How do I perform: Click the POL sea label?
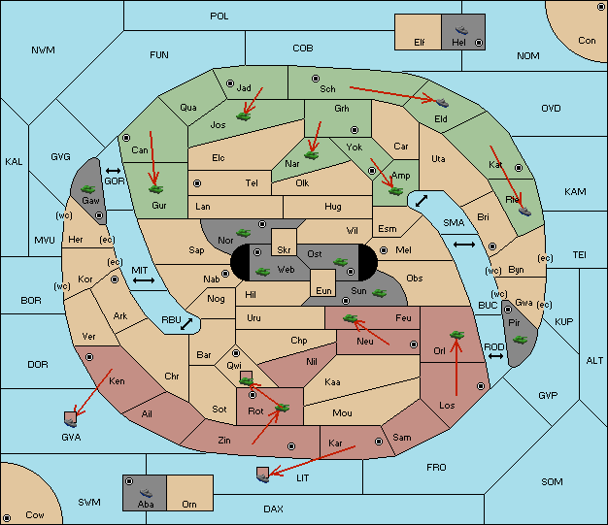click(x=220, y=16)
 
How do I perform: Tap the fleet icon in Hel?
click(x=461, y=30)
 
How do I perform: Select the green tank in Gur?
click(x=155, y=189)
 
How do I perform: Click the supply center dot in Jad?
click(x=230, y=83)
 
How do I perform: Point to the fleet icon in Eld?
click(x=442, y=103)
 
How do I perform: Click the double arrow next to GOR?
click(x=114, y=171)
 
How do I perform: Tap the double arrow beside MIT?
click(x=144, y=280)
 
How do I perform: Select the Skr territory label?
click(x=284, y=250)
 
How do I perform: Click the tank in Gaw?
click(x=88, y=189)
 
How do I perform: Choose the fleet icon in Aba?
click(x=146, y=493)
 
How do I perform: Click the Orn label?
click(x=189, y=504)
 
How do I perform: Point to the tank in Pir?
click(x=520, y=340)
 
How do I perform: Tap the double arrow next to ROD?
click(x=495, y=356)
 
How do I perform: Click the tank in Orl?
click(x=456, y=335)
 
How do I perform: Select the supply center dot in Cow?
click(x=7, y=517)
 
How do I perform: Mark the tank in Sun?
click(x=379, y=293)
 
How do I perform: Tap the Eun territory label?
click(x=323, y=290)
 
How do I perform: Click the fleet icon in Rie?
click(x=524, y=212)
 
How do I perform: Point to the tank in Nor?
click(x=244, y=233)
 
